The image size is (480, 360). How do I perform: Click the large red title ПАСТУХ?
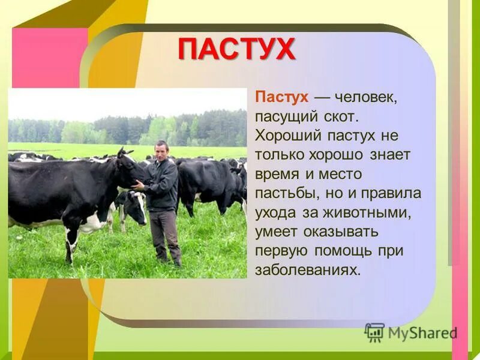coord(236,49)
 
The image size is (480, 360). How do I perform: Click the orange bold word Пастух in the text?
coord(282,97)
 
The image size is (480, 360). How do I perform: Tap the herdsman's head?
coord(161,149)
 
